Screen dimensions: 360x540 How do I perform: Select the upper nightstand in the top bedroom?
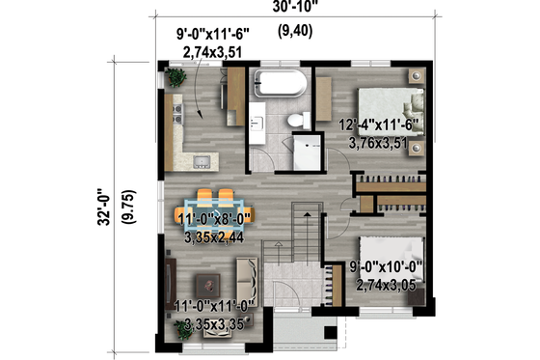click(x=415, y=75)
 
